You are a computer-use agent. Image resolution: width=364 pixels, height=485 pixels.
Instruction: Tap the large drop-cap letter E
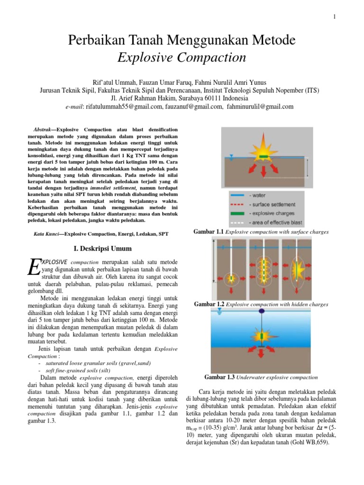pyautogui.click(x=34, y=266)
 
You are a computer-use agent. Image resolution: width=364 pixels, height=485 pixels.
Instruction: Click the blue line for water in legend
pyautogui.click(x=237, y=195)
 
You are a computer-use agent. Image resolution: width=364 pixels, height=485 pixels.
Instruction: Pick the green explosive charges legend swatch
pyautogui.click(x=237, y=214)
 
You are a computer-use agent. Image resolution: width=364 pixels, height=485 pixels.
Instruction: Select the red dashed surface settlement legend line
pyautogui.click(x=237, y=204)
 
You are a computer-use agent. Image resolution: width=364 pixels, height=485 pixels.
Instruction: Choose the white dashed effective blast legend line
pyautogui.click(x=237, y=223)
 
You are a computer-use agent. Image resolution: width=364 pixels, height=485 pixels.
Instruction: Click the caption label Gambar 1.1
pyautogui.click(x=209, y=232)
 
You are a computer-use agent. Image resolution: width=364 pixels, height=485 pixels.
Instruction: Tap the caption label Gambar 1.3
pyautogui.click(x=220, y=377)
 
